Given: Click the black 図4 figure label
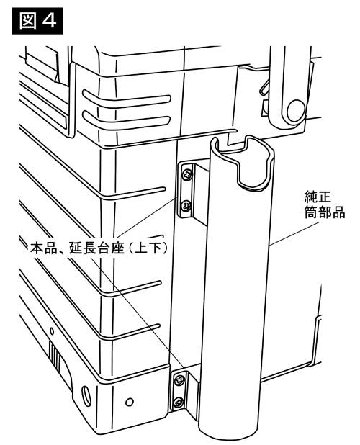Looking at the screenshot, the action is click(x=37, y=21).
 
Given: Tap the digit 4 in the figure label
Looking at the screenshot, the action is click(x=49, y=21).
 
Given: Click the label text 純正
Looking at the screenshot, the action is click(x=314, y=197).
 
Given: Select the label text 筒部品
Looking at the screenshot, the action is click(x=325, y=212).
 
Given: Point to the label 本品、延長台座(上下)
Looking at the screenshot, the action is click(x=99, y=248).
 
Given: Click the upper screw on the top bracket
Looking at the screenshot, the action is click(x=187, y=174).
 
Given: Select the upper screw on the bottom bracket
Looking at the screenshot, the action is click(x=180, y=379).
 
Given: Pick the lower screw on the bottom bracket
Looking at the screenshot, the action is click(x=179, y=403).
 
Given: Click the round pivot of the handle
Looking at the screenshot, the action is click(x=295, y=109).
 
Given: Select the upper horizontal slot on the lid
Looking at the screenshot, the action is click(x=127, y=99).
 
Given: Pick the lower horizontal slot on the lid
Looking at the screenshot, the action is click(x=127, y=120).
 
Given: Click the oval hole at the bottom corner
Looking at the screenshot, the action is click(x=85, y=394).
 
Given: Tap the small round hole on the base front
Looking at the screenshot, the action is click(x=130, y=402).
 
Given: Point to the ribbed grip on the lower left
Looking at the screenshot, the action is click(x=55, y=355).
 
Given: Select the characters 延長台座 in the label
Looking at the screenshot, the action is click(x=97, y=248).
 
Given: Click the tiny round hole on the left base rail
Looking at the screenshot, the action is click(x=52, y=331).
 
